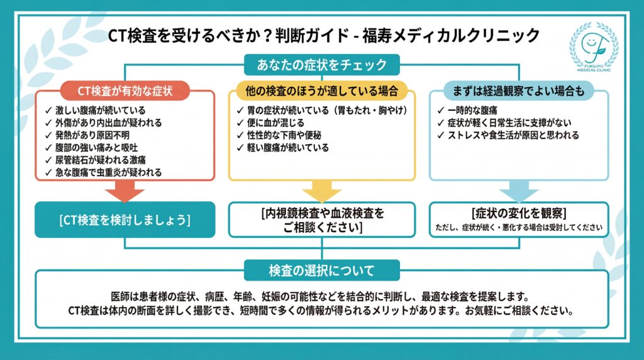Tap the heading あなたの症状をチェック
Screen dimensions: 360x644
tap(321, 64)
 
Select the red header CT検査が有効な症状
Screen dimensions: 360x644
tap(125, 91)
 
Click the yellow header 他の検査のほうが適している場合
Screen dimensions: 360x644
tap(322, 91)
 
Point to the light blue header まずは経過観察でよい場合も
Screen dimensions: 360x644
tap(518, 91)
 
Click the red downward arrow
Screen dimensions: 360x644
tap(125, 191)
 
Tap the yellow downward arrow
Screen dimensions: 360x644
tap(321, 191)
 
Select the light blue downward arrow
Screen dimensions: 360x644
tap(518, 191)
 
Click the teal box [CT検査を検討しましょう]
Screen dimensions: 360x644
tap(125, 220)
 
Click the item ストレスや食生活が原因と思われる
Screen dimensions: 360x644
tap(513, 135)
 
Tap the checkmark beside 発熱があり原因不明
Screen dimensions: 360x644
tap(49, 136)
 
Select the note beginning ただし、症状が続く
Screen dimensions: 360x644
tap(518, 228)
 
